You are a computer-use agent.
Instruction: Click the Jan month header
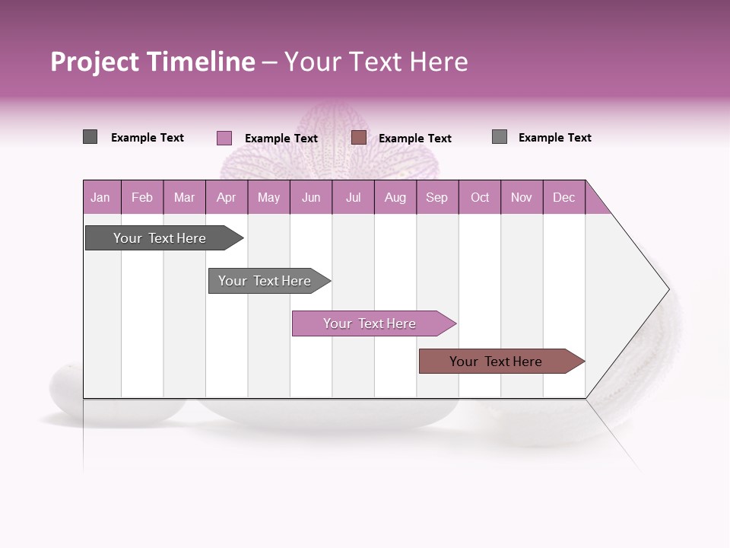[x=100, y=197]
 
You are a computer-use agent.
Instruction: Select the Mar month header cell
[x=184, y=197]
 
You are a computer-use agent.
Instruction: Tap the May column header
[x=268, y=197]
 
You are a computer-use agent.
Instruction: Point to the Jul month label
[x=353, y=197]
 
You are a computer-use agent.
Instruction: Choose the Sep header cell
[x=436, y=197]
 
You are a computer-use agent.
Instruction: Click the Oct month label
[x=480, y=197]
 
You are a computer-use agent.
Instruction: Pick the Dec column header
[x=563, y=197]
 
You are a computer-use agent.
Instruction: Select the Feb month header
[x=142, y=197]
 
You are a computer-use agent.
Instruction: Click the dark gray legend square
[x=90, y=137]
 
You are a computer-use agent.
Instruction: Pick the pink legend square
[x=224, y=138]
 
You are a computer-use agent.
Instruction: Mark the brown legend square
[x=359, y=138]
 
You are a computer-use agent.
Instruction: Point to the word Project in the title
[x=95, y=62]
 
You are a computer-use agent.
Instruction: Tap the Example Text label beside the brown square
[x=414, y=139]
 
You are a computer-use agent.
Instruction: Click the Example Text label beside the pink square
[x=281, y=139]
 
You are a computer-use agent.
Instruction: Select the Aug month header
[x=395, y=197]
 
